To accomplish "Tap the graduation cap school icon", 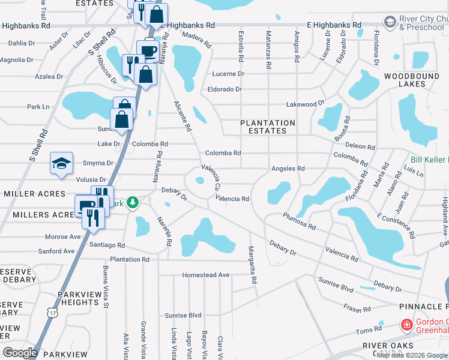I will point(61,164).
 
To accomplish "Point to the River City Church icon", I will point(390,22).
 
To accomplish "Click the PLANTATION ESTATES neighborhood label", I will point(268,127).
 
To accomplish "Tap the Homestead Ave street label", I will point(206,275).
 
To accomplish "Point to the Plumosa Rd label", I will point(299,221).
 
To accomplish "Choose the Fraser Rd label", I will point(358,308).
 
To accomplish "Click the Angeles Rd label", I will point(288,169).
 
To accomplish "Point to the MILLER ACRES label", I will point(34,194).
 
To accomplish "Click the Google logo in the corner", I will point(20,352).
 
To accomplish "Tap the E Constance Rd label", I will point(394,223).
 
